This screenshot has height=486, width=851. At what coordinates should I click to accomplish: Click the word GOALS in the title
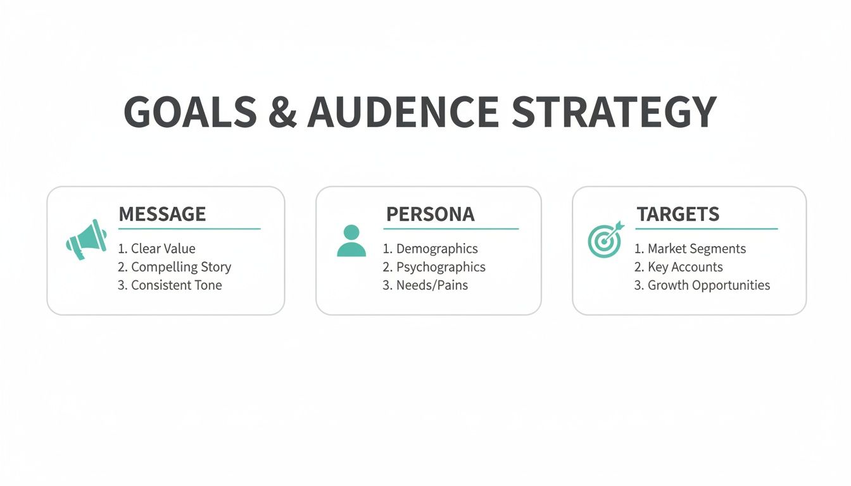coord(191,111)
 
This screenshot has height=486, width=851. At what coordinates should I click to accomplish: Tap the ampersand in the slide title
coord(282,111)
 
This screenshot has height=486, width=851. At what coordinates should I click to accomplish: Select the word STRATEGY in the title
coord(614,111)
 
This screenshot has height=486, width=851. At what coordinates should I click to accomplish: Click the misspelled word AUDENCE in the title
coord(403,111)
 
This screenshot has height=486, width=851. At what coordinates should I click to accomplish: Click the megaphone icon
coord(86,240)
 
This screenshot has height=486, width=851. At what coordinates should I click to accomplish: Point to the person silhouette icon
coord(351,240)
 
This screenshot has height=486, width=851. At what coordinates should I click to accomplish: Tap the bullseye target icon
coord(605,240)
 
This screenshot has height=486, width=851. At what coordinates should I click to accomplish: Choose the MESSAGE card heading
coord(162,214)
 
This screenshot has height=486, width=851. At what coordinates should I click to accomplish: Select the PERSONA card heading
coord(431,214)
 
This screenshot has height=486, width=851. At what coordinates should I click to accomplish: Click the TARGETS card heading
coord(678,214)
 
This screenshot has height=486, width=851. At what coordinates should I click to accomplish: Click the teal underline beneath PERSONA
coord(451,229)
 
